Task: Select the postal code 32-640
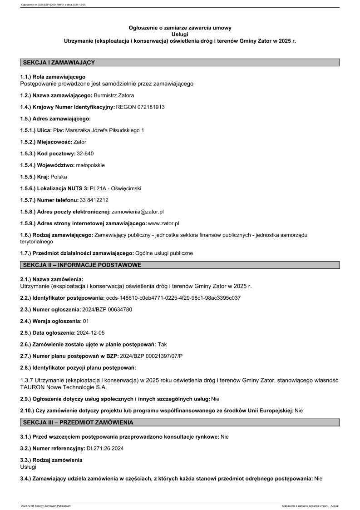point(85,153)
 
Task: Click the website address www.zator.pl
point(163,223)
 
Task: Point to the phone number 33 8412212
point(94,200)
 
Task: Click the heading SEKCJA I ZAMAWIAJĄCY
point(59,62)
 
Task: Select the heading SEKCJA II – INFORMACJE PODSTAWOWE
point(82,265)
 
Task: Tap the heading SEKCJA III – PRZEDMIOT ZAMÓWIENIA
point(78,423)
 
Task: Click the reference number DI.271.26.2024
point(105,448)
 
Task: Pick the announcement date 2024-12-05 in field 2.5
point(90,333)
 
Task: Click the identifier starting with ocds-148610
point(173,298)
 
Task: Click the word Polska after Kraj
point(59,177)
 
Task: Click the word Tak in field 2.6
point(162,345)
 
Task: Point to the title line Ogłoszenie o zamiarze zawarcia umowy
point(180,28)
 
